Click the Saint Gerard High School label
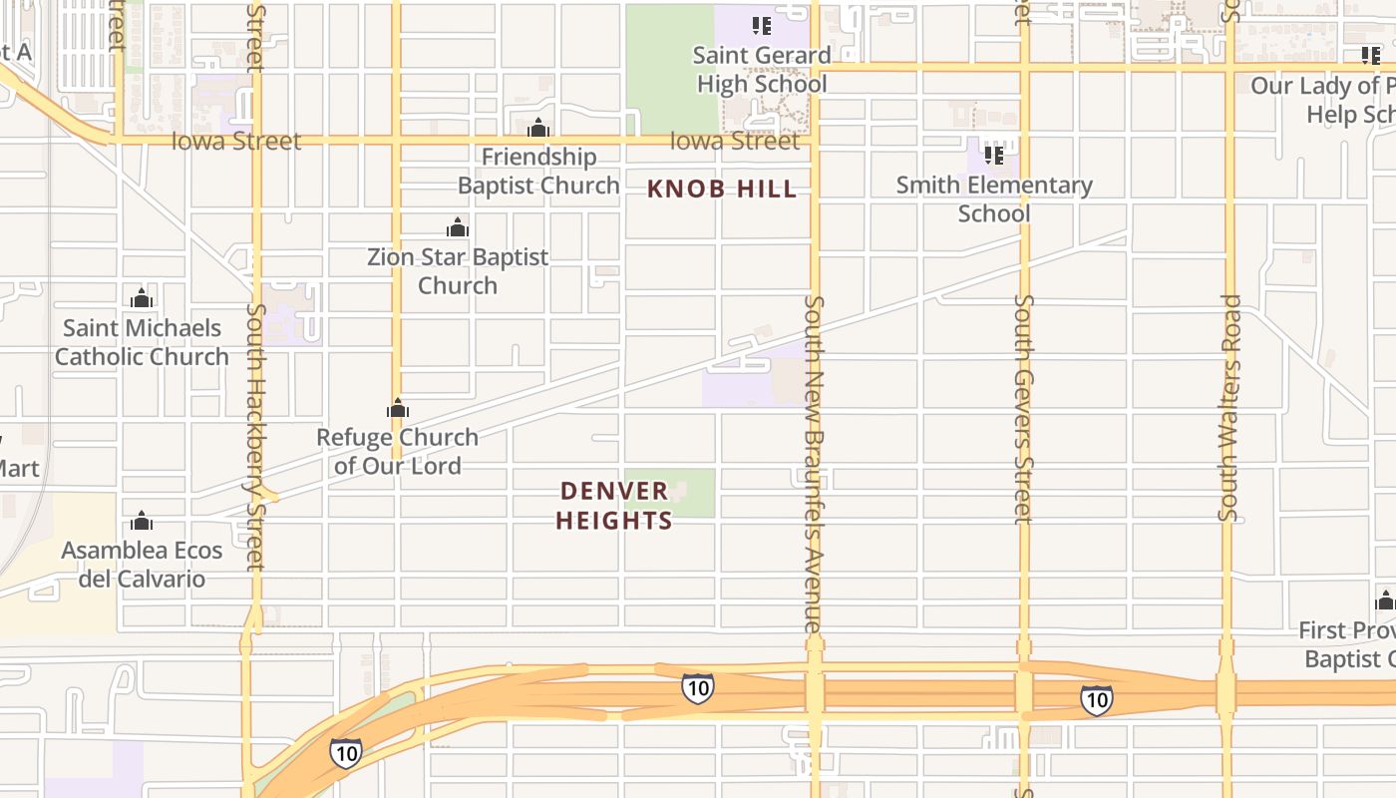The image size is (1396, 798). (x=763, y=70)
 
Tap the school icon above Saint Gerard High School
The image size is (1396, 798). (x=762, y=26)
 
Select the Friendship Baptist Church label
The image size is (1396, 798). (x=538, y=171)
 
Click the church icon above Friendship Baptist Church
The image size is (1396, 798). (x=538, y=128)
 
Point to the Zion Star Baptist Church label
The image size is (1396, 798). (x=458, y=270)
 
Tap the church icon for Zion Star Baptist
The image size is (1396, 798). (x=458, y=227)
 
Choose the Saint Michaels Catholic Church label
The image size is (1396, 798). (x=142, y=342)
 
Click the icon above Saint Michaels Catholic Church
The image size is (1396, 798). (x=142, y=298)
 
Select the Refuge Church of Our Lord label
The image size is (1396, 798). (x=398, y=451)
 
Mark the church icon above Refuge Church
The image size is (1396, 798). (x=398, y=408)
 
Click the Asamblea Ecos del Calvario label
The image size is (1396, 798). (x=142, y=565)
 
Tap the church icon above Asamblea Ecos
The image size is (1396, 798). (x=142, y=521)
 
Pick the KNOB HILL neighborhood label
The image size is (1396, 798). (x=722, y=189)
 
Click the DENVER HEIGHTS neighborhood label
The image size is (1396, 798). (x=614, y=506)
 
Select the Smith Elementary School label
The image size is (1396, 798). (x=994, y=199)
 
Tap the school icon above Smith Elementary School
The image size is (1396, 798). (x=994, y=155)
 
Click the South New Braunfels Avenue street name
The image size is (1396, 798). (x=815, y=464)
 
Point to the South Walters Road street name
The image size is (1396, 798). (x=1229, y=407)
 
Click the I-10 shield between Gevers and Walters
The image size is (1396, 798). (x=1096, y=700)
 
